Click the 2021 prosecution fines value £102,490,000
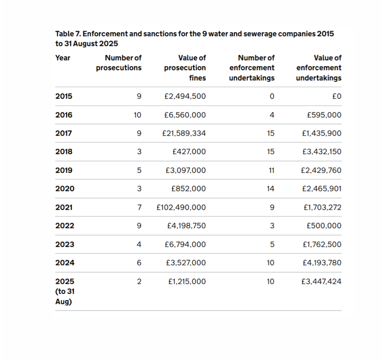point(181,207)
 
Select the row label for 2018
point(64,152)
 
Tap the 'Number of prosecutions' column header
point(119,63)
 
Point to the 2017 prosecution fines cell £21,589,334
point(184,133)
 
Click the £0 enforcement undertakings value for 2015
point(337,96)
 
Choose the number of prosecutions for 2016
point(137,115)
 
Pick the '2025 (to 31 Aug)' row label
point(65,291)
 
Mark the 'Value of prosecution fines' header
point(185,68)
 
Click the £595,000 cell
point(324,115)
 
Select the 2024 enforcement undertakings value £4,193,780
point(322,263)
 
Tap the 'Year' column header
point(63,58)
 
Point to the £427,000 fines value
point(189,152)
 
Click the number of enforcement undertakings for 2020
point(271,189)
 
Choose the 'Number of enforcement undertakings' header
point(252,68)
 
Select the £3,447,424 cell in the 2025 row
point(321,281)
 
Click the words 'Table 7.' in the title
point(68,33)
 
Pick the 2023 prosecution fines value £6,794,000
point(185,244)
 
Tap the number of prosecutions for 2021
point(139,207)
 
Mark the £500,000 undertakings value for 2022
point(324,226)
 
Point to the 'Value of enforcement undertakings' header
point(318,68)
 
